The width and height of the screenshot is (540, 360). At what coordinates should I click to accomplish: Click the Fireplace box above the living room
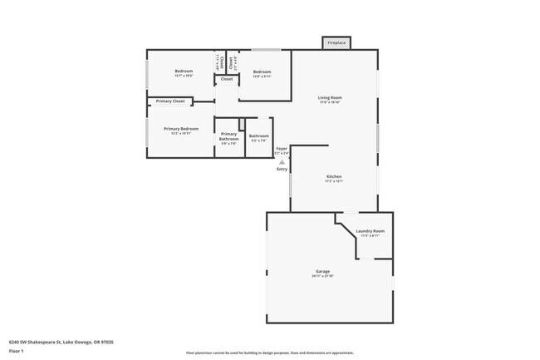336,42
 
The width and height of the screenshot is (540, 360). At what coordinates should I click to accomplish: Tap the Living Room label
330,97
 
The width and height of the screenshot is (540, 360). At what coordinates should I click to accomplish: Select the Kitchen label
334,176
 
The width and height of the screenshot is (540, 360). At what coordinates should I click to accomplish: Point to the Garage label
322,271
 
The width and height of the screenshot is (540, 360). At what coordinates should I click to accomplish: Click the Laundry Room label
370,230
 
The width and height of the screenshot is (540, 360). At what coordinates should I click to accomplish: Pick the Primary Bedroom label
181,129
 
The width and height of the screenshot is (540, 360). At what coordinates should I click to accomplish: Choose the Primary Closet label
170,101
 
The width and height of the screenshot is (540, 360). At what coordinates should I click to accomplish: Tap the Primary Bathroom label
228,136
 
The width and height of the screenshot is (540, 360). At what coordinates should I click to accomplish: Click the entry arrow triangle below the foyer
282,162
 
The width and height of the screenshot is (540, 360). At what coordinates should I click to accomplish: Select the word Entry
282,170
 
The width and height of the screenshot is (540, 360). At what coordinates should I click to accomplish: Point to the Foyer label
282,149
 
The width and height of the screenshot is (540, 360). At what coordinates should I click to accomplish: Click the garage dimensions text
322,276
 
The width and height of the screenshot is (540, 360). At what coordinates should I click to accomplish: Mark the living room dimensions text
330,102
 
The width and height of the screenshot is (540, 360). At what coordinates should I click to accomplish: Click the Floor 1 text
16,350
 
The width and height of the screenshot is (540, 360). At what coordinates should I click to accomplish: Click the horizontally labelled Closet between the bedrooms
227,80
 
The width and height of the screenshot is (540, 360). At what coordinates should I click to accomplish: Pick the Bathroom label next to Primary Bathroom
258,136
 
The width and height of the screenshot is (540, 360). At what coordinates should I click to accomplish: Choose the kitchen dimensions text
334,181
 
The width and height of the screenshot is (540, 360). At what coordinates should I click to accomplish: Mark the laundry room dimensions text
370,235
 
